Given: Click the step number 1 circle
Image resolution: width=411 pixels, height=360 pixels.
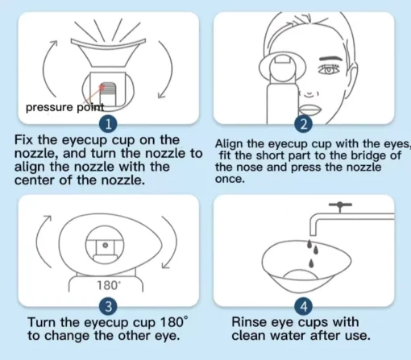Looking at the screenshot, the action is [108, 125].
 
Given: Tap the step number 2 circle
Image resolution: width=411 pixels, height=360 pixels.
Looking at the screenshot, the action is [304, 125].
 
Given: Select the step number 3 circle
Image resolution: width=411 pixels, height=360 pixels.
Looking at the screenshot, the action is [108, 306].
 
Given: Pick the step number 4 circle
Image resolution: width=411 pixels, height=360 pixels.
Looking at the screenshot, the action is [304, 306].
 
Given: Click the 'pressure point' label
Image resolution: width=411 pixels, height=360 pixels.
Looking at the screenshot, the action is [64, 107].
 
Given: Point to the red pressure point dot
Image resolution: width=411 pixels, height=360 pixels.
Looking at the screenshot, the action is [102, 87].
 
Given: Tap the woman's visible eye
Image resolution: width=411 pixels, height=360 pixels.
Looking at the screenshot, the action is [329, 69].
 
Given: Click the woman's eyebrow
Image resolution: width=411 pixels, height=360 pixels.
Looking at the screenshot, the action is [330, 59].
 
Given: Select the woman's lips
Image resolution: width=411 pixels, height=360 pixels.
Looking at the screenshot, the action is [309, 110].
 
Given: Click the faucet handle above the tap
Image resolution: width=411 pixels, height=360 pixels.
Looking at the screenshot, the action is [340, 205].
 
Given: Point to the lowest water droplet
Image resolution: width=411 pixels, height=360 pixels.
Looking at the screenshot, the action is [311, 263].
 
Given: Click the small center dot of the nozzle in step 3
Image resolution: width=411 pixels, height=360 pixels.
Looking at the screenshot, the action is [106, 245].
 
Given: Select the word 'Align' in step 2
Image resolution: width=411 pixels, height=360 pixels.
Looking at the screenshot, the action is [229, 144].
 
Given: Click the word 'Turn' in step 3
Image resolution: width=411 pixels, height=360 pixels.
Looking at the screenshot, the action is [42, 322].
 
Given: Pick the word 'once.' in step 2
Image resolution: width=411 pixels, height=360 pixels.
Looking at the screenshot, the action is [230, 179].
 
